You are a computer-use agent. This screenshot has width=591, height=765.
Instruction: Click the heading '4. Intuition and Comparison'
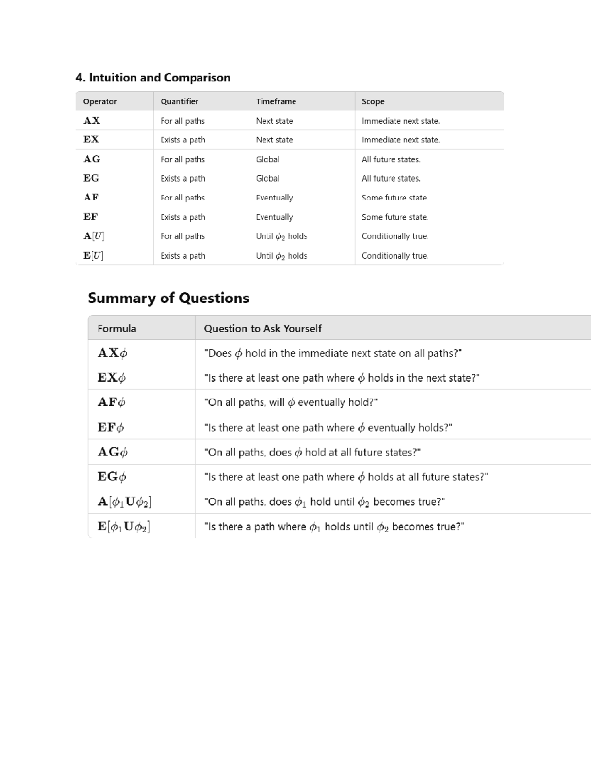[x=153, y=78]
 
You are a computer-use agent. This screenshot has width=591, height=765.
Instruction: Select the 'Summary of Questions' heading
[x=168, y=298]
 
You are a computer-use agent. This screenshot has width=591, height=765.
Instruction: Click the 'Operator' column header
[x=99, y=101]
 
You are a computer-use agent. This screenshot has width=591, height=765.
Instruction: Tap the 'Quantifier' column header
[x=179, y=101]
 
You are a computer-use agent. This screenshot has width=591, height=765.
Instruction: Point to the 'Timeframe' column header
[x=276, y=101]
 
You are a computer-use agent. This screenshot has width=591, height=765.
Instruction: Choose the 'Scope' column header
[x=373, y=101]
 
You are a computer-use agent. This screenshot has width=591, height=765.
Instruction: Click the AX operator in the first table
[x=92, y=121]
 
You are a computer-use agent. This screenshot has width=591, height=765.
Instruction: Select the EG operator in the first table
[x=91, y=178]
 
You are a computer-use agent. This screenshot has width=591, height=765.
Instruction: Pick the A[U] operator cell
[x=94, y=236]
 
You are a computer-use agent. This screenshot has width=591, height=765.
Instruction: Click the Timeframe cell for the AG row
[x=267, y=159]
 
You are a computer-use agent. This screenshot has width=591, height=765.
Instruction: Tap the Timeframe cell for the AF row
[x=274, y=198]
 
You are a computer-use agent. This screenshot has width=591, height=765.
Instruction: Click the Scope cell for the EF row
[x=394, y=217]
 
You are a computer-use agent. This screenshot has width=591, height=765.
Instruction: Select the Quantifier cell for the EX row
[x=183, y=140]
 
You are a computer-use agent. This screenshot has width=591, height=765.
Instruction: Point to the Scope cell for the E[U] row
[x=394, y=256]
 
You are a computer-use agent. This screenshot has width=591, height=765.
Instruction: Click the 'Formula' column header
[x=117, y=329]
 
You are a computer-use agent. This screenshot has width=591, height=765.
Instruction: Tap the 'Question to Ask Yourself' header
[x=263, y=329]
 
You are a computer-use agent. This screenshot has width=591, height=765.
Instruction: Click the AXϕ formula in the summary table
[x=112, y=353]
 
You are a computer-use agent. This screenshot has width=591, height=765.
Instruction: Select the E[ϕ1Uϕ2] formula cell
[x=124, y=527]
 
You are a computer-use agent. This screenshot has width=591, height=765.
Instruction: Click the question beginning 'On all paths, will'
[x=291, y=402]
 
